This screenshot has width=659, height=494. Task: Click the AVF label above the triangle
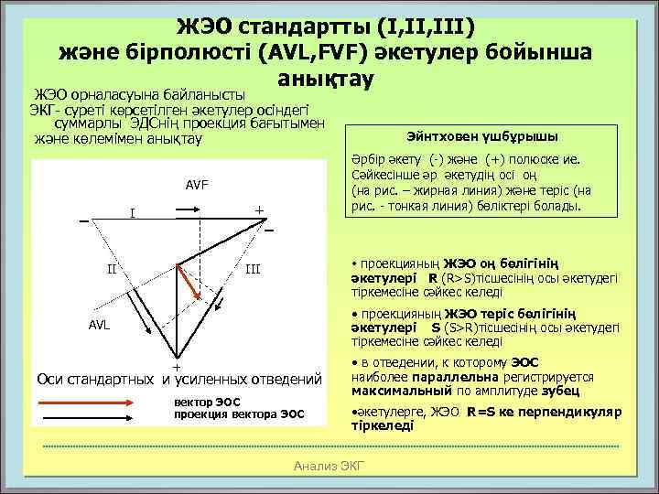tap(197, 186)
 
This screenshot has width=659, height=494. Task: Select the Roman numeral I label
tap(133, 214)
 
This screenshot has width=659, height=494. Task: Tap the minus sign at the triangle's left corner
tap(84, 221)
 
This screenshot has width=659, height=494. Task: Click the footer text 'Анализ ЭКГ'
tap(329, 467)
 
